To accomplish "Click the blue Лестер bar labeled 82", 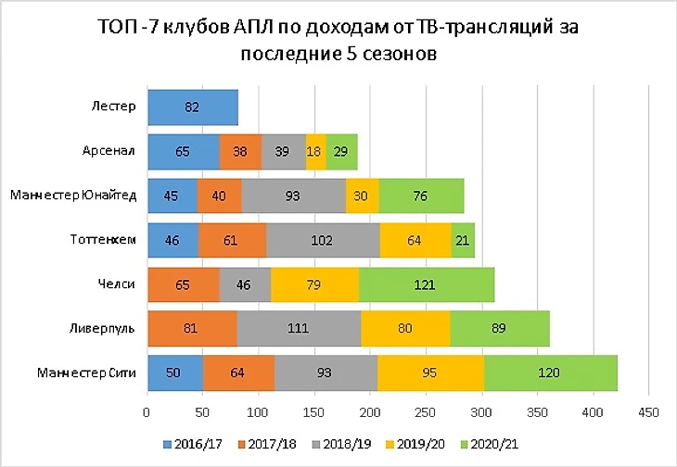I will [192, 107].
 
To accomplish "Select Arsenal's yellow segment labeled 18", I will [315, 150].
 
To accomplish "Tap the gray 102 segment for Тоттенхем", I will [323, 240].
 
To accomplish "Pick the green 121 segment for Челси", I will [427, 284].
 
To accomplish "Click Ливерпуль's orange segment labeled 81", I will [192, 329].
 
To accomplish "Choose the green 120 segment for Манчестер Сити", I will [551, 373].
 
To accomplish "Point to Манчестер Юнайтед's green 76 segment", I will [421, 196].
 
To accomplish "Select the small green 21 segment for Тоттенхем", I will [463, 240].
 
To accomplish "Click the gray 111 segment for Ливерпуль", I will [300, 329].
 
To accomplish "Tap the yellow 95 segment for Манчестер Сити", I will [430, 373].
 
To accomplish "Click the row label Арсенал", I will [109, 150].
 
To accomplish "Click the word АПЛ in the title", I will [249, 24].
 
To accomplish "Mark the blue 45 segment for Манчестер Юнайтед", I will [172, 196].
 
